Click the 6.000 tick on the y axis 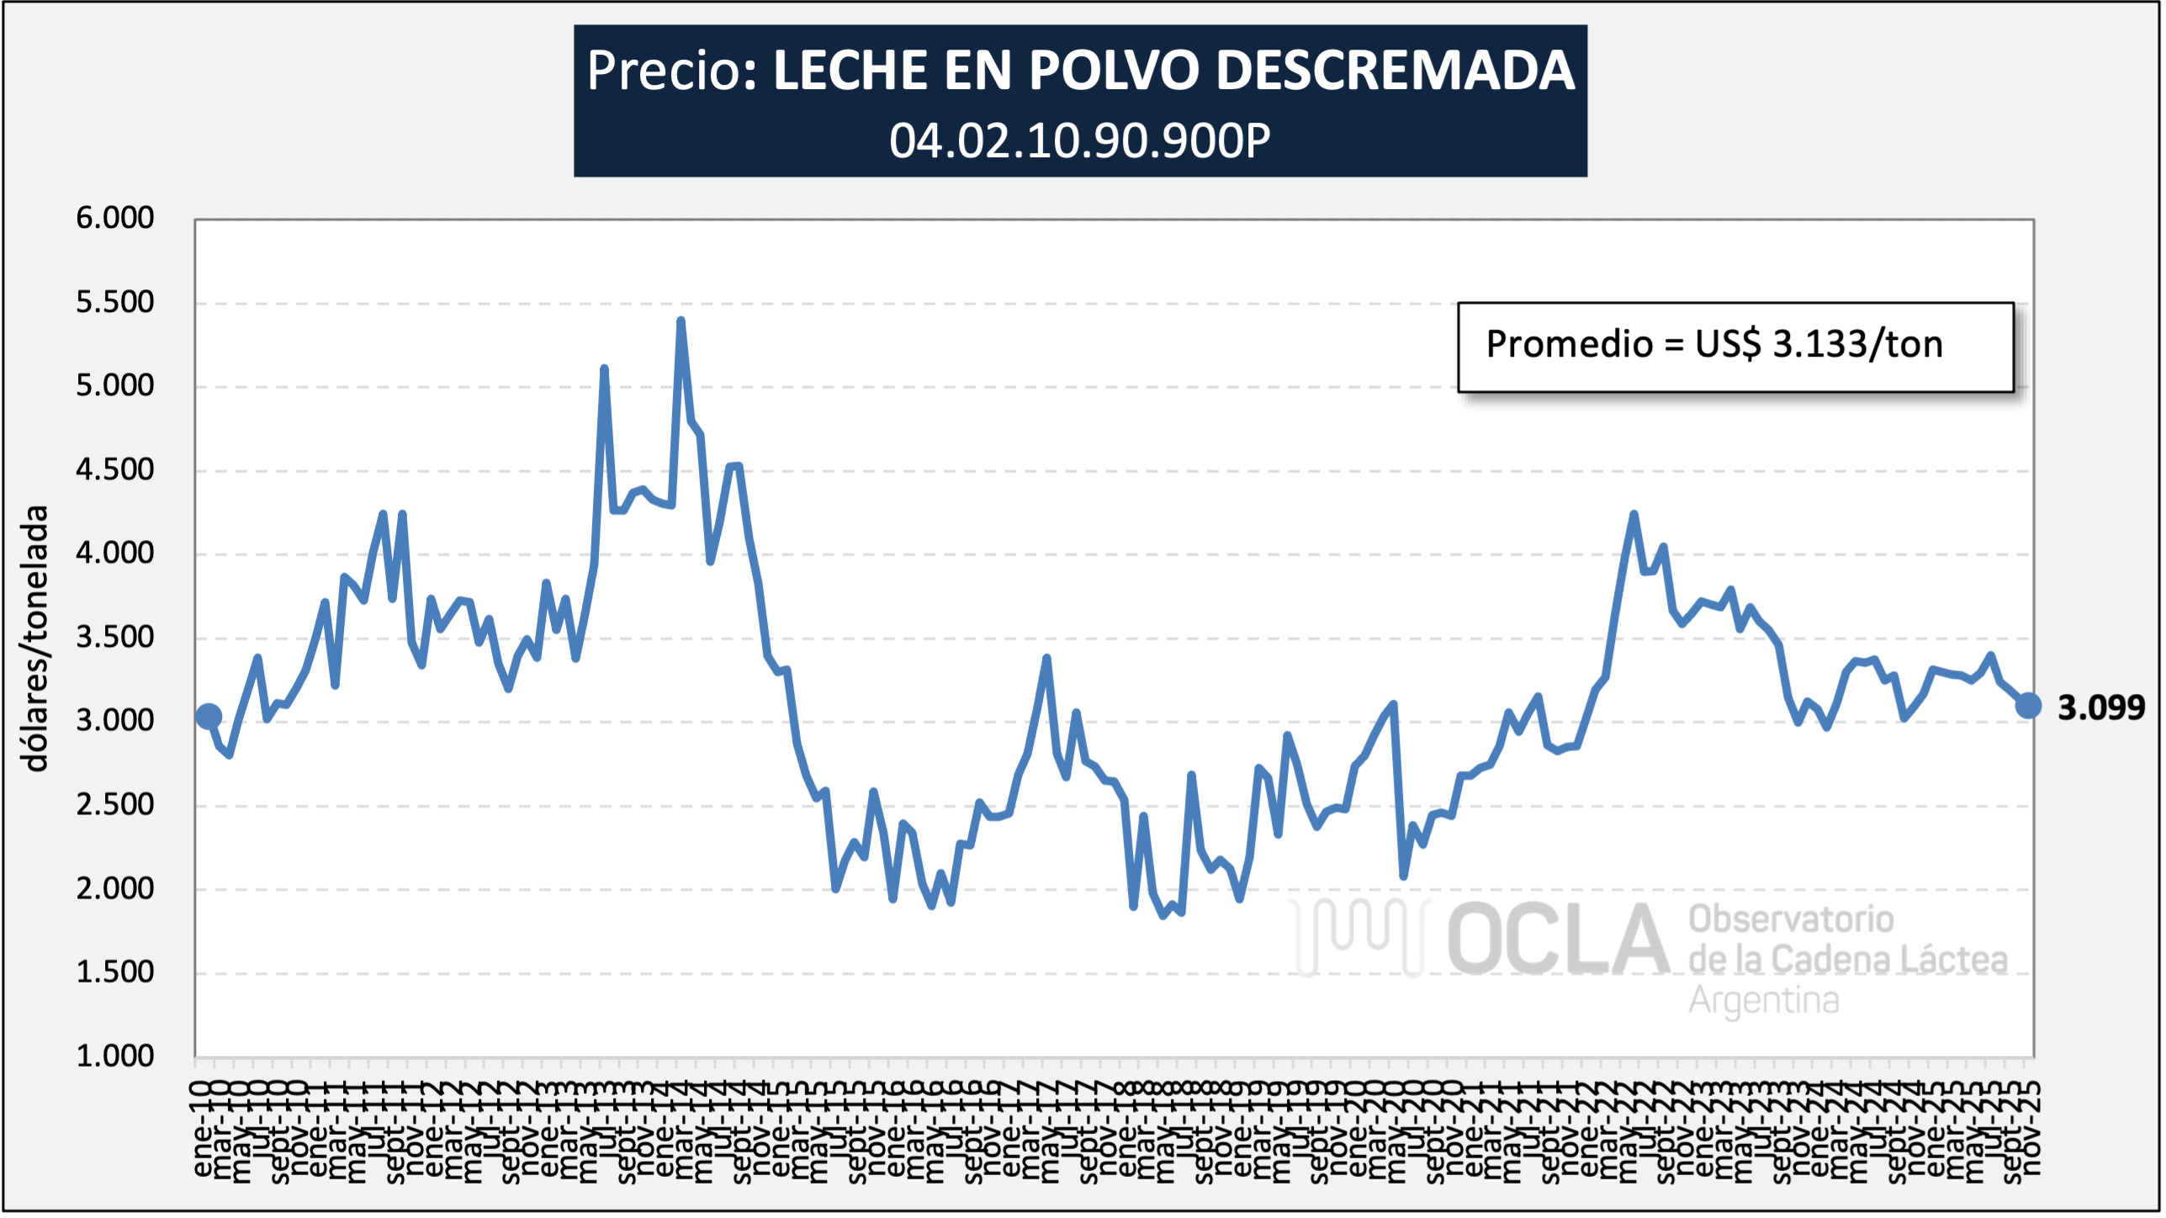115,218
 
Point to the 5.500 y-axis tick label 115,302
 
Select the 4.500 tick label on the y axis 115,469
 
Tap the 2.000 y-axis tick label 115,888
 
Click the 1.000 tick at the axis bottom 115,1056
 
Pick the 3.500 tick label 115,637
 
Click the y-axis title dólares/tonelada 35,638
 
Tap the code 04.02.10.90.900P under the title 1080,140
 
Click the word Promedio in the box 1570,344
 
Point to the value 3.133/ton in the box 1857,344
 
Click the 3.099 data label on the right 2100,708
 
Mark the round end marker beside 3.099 2028,706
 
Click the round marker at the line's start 209,717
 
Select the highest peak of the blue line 681,320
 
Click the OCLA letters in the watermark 1558,940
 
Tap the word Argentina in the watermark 1763,1000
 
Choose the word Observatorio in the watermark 1791,919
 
